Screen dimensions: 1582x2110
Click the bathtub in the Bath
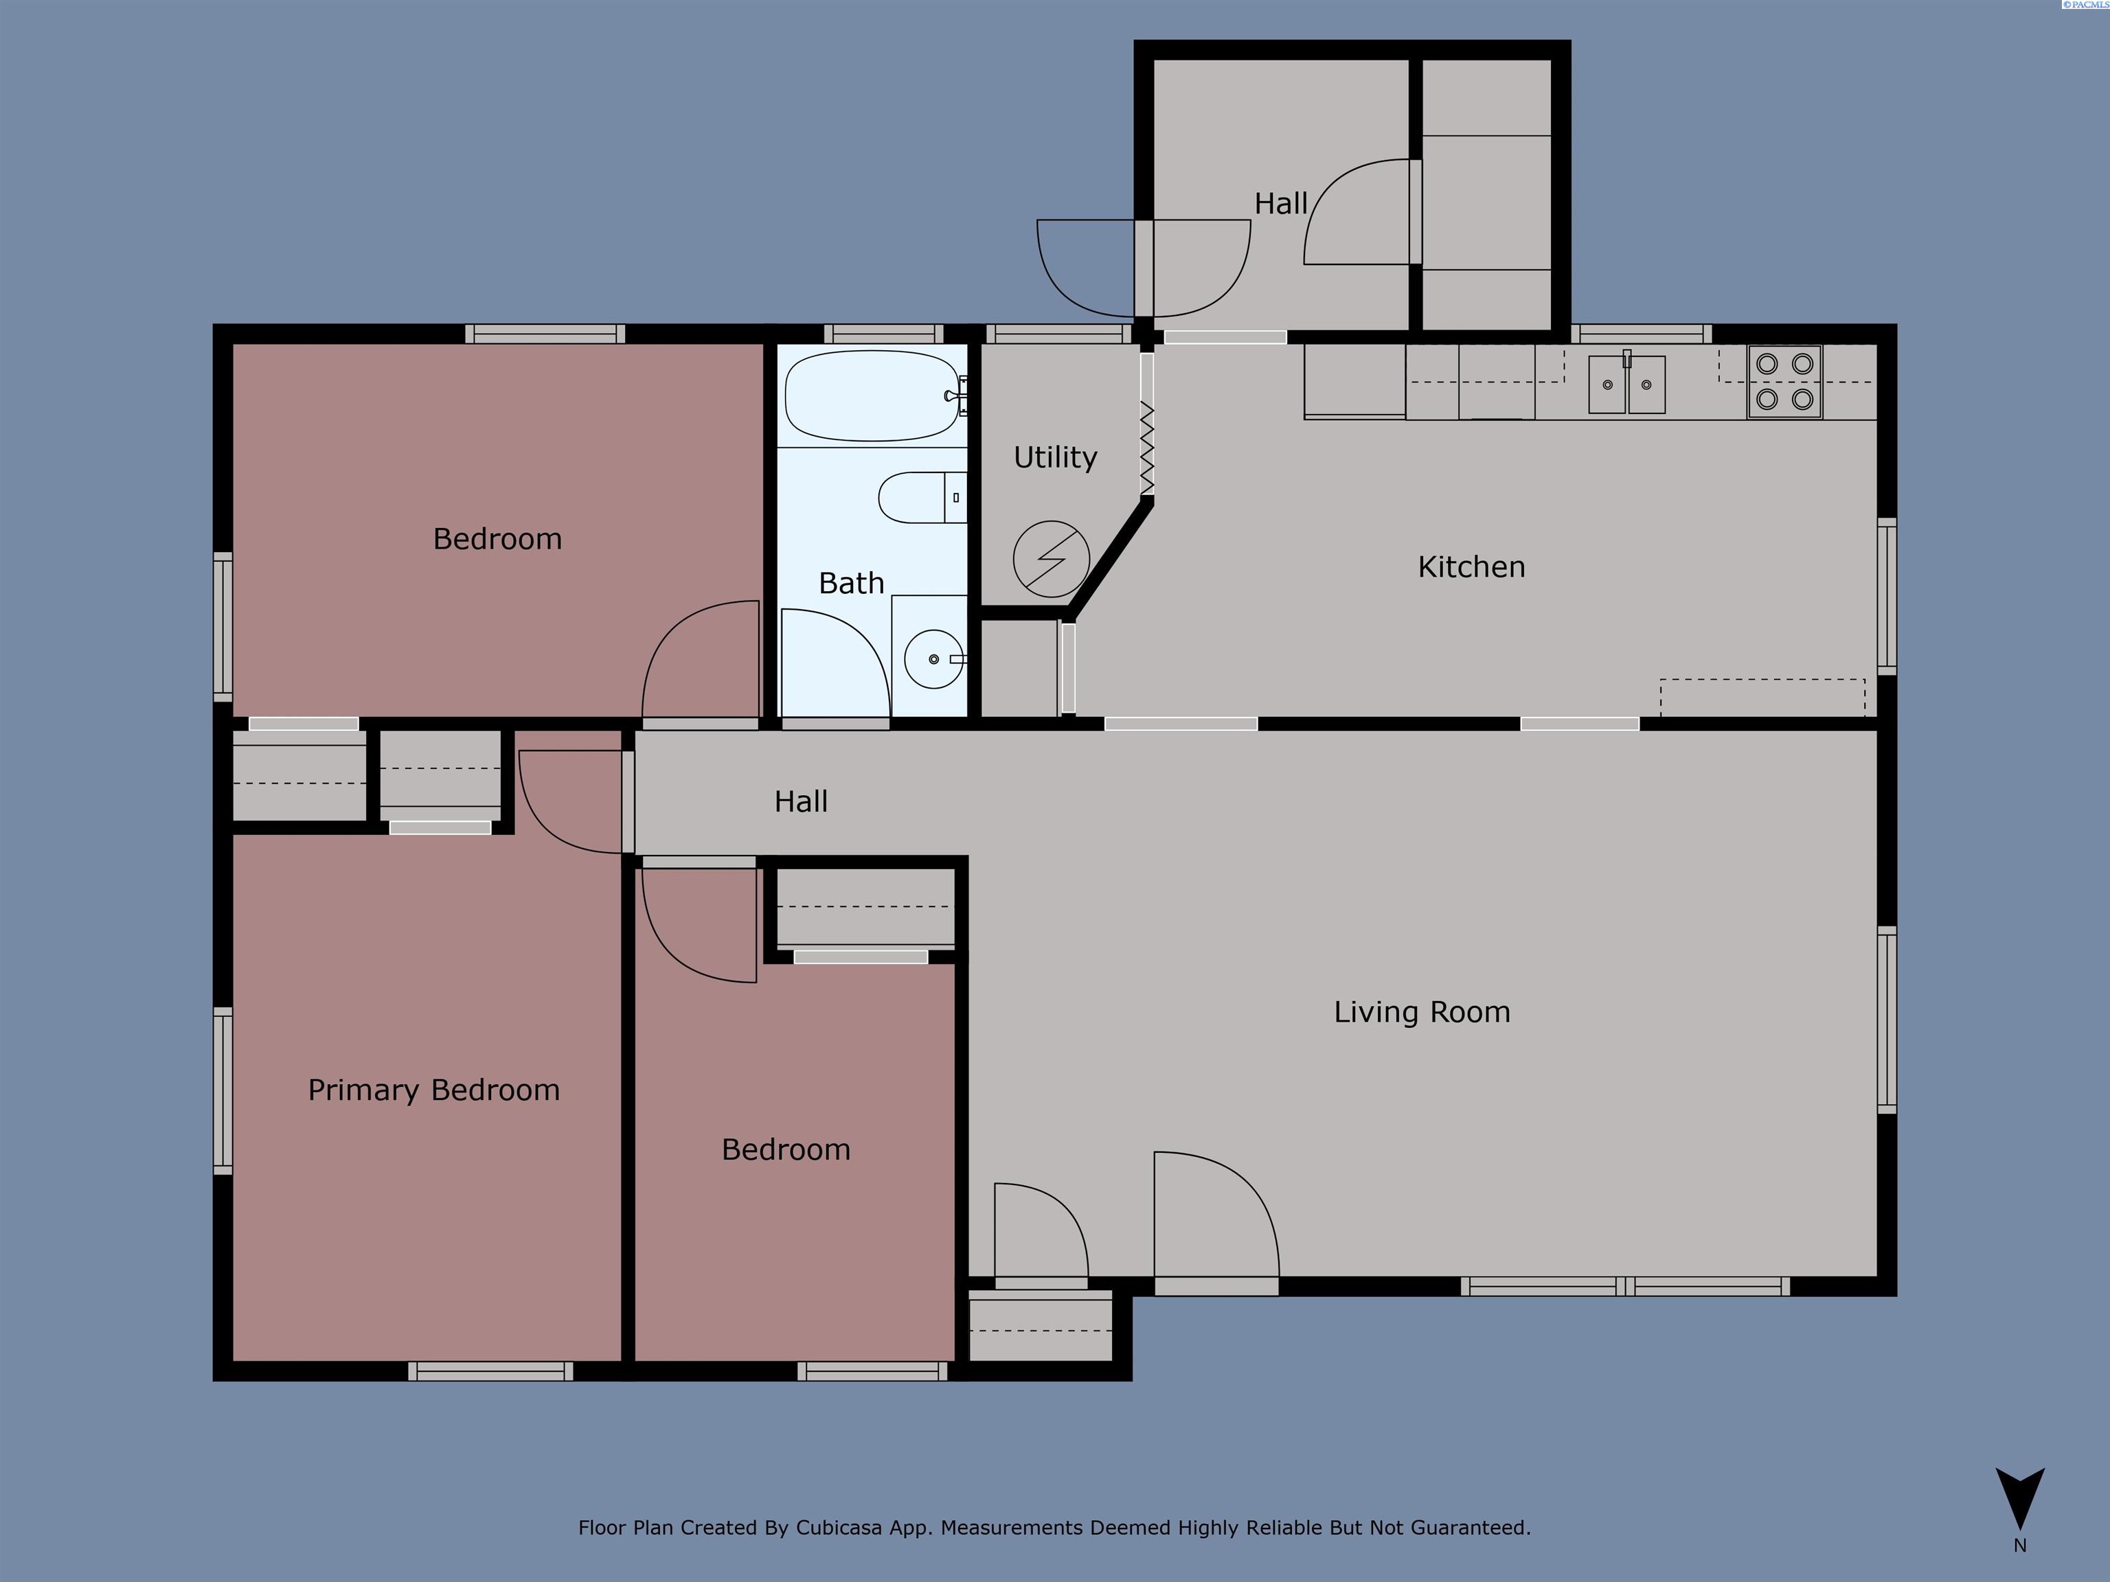pyautogui.click(x=872, y=395)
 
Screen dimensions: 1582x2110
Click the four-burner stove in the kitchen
pyautogui.click(x=1784, y=382)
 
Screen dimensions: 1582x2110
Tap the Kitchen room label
pyautogui.click(x=1471, y=567)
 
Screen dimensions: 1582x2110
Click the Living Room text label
pyautogui.click(x=1421, y=1012)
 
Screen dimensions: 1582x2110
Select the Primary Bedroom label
pyautogui.click(x=433, y=1090)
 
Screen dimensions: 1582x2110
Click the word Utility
pyautogui.click(x=1055, y=458)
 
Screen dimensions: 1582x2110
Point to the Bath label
pyautogui.click(x=851, y=584)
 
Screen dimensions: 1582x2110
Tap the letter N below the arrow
pyautogui.click(x=2019, y=1546)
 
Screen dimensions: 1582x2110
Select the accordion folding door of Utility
pyautogui.click(x=1146, y=448)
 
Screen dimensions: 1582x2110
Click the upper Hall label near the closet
pyautogui.click(x=1280, y=204)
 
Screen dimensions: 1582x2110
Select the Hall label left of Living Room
pyautogui.click(x=800, y=802)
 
